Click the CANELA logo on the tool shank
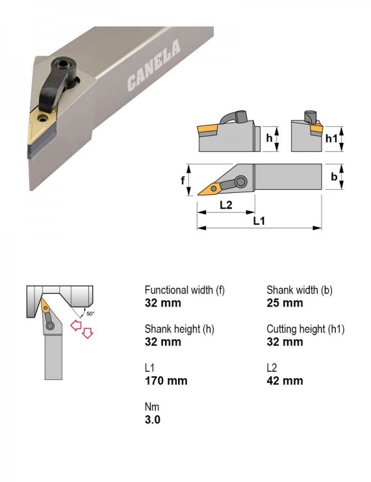click(153, 66)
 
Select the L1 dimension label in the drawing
click(258, 221)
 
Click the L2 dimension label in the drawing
click(226, 205)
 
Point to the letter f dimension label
click(183, 180)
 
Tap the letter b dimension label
click(334, 177)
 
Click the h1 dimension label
click(331, 138)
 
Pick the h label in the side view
click(269, 138)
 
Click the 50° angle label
click(90, 314)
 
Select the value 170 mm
click(166, 381)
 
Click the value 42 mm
click(285, 381)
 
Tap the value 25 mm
click(285, 303)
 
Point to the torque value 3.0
click(153, 420)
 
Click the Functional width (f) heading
click(185, 290)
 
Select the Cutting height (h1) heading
click(305, 329)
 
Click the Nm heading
click(152, 407)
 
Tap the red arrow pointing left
click(75, 325)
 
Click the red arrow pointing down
click(87, 333)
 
